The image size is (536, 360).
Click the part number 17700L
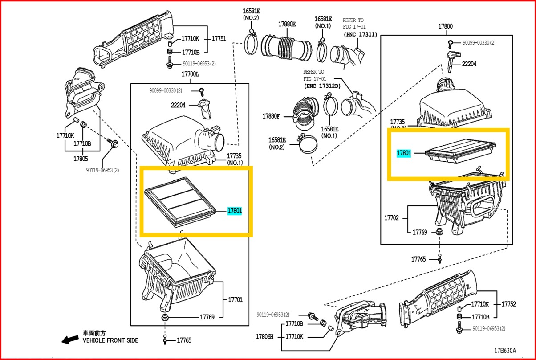click(x=190, y=74)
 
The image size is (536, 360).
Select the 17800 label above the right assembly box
click(x=445, y=26)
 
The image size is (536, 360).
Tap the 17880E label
click(x=287, y=24)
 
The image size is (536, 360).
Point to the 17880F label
click(x=271, y=116)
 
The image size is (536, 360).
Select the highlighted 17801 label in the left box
click(x=235, y=211)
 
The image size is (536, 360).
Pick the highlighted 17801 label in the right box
click(x=404, y=153)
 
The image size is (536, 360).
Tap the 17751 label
click(x=219, y=39)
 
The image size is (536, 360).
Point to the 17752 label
click(x=508, y=304)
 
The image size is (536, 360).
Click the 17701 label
click(x=236, y=300)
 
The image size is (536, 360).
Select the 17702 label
click(x=391, y=218)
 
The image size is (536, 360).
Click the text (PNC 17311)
click(x=360, y=34)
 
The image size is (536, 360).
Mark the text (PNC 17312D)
click(x=322, y=86)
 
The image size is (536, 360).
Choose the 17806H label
click(x=265, y=337)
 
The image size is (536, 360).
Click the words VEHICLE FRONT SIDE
click(x=110, y=340)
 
